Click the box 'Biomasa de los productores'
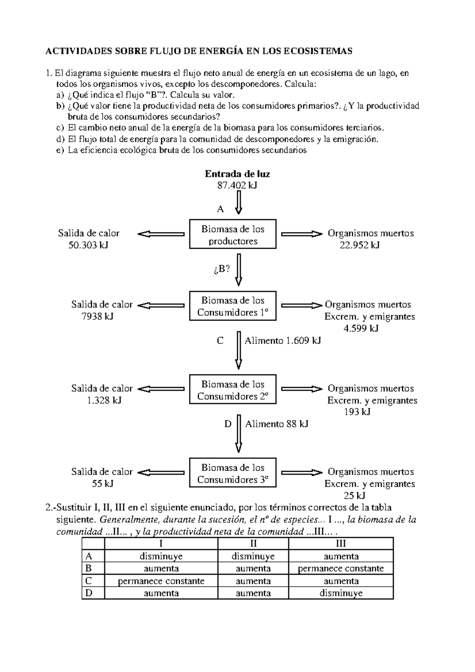click(x=233, y=234)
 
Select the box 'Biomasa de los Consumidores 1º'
click(x=233, y=306)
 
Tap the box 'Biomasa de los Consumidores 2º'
click(x=233, y=390)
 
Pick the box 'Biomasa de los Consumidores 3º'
click(x=233, y=473)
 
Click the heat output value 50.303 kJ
click(x=88, y=245)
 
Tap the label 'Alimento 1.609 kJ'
click(x=283, y=340)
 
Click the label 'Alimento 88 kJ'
click(x=277, y=424)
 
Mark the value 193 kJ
click(x=357, y=412)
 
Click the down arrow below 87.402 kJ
click(x=239, y=202)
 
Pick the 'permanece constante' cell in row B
click(x=341, y=568)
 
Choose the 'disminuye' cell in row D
click(x=341, y=593)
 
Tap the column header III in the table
click(x=341, y=543)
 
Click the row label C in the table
click(x=89, y=581)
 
